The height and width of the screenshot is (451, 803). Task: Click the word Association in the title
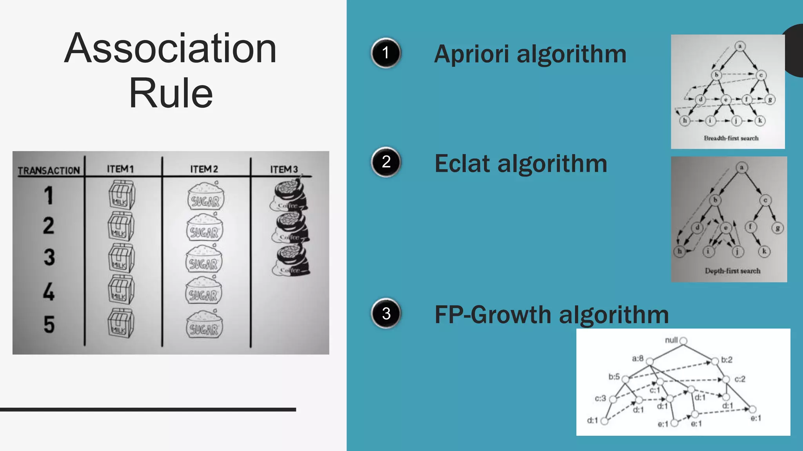coord(171,49)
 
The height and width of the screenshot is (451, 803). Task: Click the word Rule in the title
coord(171,94)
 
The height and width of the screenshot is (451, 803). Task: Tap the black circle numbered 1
coord(386,53)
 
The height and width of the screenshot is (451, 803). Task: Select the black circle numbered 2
coord(386,162)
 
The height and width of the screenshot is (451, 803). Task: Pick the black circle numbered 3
coord(386,313)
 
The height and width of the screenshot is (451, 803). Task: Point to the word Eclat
coord(463,164)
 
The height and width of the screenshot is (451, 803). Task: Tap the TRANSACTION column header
coord(49,171)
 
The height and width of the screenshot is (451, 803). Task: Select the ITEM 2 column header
coord(204,169)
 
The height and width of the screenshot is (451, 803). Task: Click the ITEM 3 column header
coord(284,169)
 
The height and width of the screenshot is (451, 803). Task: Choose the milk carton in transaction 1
coord(122,195)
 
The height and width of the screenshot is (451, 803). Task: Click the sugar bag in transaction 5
coord(204,325)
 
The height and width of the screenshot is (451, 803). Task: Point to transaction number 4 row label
coord(49,292)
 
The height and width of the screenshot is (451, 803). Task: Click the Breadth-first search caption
coord(731,138)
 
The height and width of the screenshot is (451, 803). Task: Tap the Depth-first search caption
coord(732,271)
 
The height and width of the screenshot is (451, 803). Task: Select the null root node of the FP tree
coord(683,341)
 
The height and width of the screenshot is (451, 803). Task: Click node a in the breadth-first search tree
coord(740,47)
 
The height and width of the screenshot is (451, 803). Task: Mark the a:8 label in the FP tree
coord(638,358)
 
